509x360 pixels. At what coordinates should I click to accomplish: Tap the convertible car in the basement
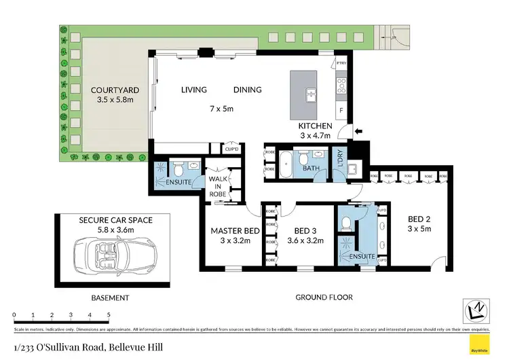114,255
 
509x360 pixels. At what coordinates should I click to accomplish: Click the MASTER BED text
232,231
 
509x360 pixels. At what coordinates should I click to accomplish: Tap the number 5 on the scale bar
109,315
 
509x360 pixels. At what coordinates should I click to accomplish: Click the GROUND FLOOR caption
324,298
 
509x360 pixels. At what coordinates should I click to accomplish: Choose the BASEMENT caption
110,298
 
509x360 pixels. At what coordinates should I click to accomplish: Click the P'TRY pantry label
341,63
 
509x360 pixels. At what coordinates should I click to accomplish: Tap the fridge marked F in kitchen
341,109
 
